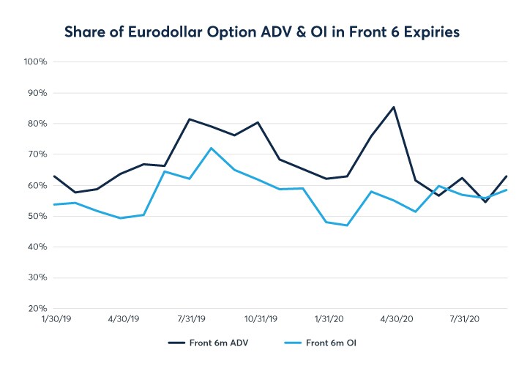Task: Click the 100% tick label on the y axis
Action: click(x=35, y=62)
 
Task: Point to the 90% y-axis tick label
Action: click(x=36, y=93)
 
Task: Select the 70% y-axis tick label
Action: click(x=36, y=154)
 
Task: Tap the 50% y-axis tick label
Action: click(x=36, y=216)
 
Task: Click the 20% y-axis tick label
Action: click(x=36, y=308)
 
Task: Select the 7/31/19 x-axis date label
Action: click(x=191, y=319)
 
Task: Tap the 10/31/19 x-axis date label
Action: click(x=260, y=319)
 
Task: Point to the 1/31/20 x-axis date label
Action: click(x=329, y=319)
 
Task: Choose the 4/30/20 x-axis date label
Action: click(x=396, y=319)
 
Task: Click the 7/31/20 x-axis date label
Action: click(x=464, y=319)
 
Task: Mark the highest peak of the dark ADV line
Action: click(x=395, y=107)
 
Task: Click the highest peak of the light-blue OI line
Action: click(x=212, y=148)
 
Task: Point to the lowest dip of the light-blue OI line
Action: click(x=345, y=225)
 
